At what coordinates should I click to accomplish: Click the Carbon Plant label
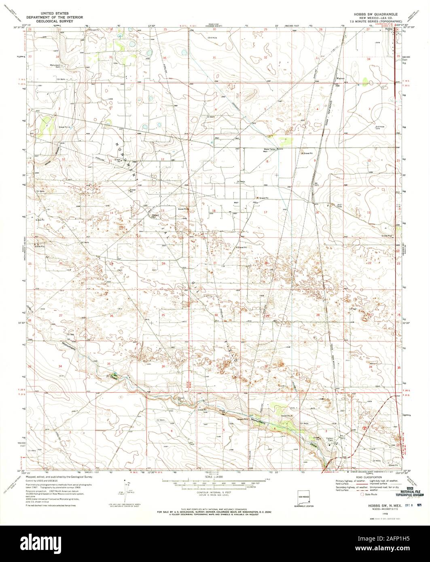point(330,439)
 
